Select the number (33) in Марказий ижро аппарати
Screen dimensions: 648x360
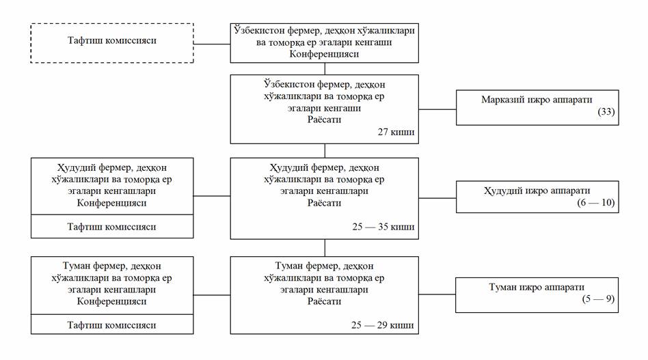click(606, 111)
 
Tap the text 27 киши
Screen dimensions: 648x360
click(396, 132)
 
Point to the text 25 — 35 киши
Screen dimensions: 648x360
click(383, 227)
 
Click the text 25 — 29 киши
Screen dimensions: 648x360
click(383, 325)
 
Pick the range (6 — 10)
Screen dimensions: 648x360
click(596, 202)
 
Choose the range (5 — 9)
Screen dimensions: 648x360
click(598, 299)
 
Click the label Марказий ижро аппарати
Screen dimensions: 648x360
click(537, 100)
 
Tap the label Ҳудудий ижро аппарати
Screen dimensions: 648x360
click(537, 191)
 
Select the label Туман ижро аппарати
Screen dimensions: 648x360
click(537, 287)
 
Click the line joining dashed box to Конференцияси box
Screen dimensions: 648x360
click(212, 44)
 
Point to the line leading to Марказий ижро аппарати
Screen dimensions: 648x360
click(437, 109)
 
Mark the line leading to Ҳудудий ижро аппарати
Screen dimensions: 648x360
click(437, 197)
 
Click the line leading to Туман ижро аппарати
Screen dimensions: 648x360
click(437, 294)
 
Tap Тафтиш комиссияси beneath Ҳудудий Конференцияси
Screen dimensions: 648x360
click(111, 227)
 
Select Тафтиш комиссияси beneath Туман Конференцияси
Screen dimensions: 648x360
click(111, 325)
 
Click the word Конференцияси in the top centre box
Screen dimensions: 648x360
click(324, 54)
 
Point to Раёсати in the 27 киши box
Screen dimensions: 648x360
click(324, 120)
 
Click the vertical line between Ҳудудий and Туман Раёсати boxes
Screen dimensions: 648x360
click(325, 248)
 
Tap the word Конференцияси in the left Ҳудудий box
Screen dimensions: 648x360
click(111, 203)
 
